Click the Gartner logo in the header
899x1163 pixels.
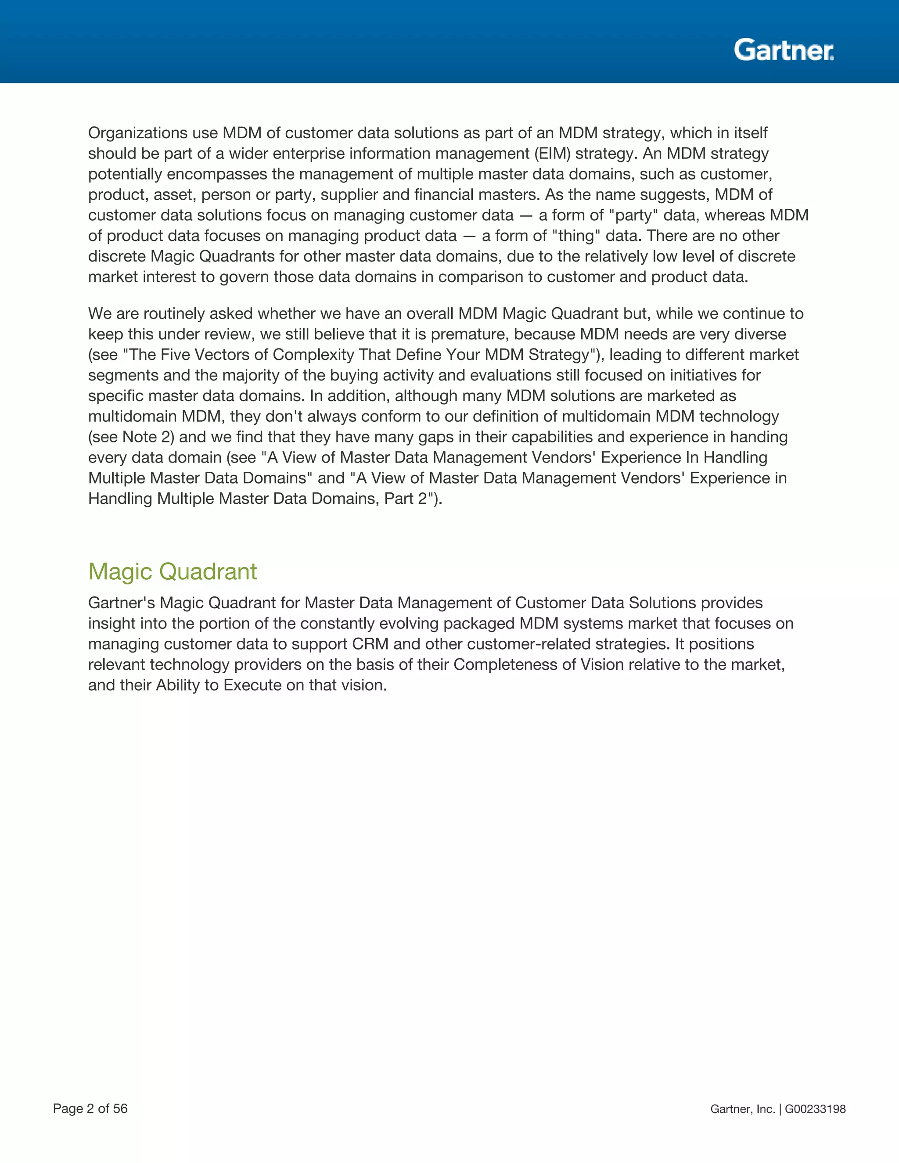click(783, 50)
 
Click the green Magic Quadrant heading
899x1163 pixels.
click(172, 571)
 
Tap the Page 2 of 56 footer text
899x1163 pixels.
click(90, 1108)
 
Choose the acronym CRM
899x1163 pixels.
click(370, 644)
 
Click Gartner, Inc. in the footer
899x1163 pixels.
click(742, 1109)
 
